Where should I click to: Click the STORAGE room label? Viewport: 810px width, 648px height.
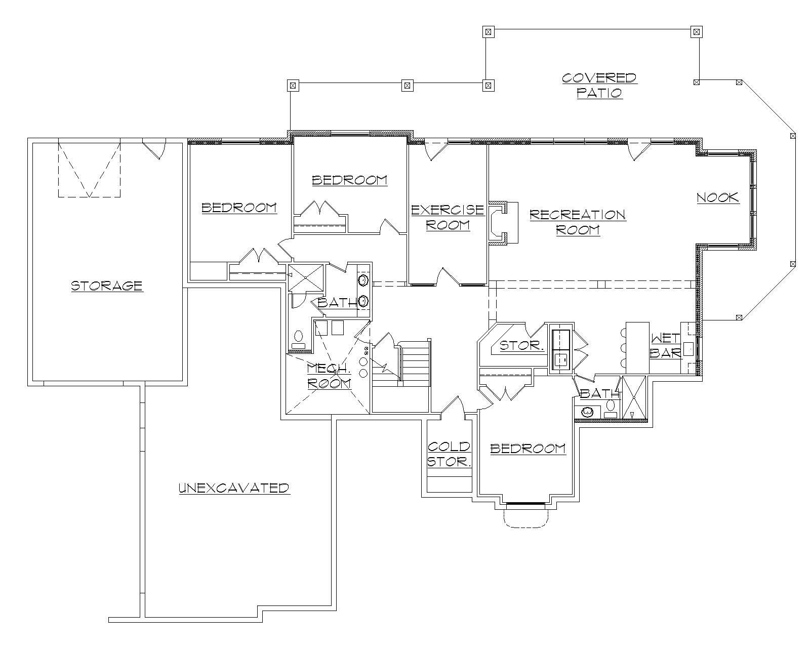point(107,286)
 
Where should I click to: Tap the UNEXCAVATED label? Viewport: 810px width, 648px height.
point(234,488)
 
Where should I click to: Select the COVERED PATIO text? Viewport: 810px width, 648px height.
point(599,86)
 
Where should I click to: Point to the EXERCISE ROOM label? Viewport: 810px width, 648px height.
point(448,217)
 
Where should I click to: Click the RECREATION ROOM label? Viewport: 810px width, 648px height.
point(578,222)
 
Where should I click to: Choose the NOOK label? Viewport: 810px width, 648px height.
point(718,197)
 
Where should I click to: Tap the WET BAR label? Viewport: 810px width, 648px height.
point(665,345)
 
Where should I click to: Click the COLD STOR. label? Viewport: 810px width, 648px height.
point(449,454)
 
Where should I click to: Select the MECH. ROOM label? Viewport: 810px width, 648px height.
point(329,376)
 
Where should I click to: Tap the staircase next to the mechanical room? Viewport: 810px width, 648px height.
point(415,362)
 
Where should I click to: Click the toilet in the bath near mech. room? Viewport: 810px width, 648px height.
point(299,338)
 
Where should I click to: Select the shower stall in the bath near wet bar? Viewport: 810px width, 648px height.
point(634,398)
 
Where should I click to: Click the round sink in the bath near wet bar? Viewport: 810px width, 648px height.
point(587,412)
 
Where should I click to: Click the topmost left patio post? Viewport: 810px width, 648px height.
point(292,85)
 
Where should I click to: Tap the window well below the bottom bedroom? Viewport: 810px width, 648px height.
point(526,516)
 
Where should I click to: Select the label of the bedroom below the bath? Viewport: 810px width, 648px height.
point(528,449)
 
